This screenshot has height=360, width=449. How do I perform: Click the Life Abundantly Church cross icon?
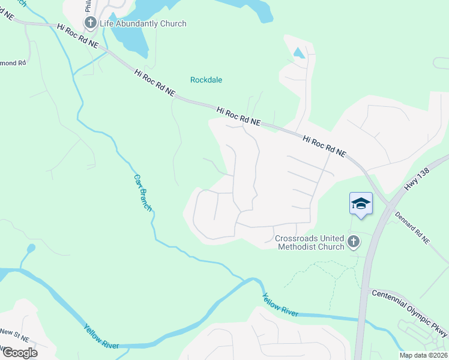click(x=91, y=23)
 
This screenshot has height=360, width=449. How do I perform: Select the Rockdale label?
click(x=206, y=79)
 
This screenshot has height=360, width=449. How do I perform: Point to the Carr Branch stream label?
click(x=143, y=193)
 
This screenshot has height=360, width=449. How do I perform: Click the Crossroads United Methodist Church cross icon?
click(x=354, y=242)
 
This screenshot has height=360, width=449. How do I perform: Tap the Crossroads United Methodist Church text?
click(x=310, y=242)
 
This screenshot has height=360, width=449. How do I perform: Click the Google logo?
click(x=19, y=352)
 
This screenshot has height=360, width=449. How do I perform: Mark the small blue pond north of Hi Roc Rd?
click(x=298, y=53)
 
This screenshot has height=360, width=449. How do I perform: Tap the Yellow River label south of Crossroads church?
click(x=280, y=305)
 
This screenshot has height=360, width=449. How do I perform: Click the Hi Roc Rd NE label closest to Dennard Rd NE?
click(x=325, y=146)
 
